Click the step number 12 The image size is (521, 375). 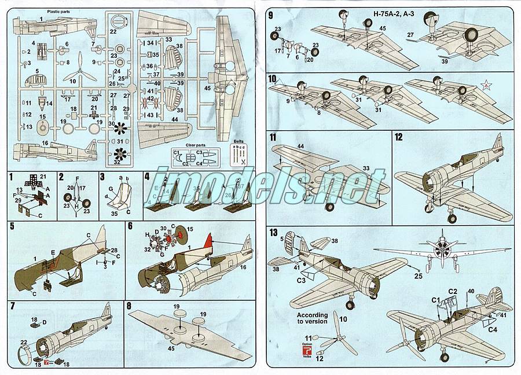pos(398,137)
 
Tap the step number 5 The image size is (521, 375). pos(12,227)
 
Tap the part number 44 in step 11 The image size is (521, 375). pos(300,147)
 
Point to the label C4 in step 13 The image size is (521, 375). pos(493,330)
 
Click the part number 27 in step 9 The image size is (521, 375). pos(410,36)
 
